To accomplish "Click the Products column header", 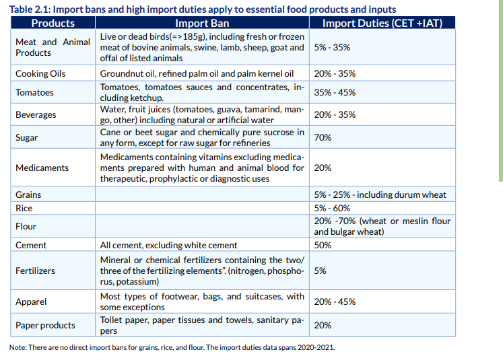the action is [53, 23].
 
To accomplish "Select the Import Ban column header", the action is [202, 23].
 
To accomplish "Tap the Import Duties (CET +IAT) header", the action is [382, 23].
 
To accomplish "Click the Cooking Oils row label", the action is [40, 73].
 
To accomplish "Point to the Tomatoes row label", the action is [34, 92].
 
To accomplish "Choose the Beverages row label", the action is [36, 114].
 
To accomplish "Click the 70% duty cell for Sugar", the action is [323, 137].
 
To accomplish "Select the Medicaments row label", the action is [42, 168].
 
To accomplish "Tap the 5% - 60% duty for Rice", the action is [332, 208].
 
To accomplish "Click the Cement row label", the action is [31, 245].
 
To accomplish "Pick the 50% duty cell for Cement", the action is [323, 245].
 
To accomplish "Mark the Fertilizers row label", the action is [35, 271].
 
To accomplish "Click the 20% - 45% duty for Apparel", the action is [335, 301].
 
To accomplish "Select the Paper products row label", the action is [45, 325].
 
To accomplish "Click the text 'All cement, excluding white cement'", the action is [168, 245].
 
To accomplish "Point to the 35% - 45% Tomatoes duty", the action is [335, 92].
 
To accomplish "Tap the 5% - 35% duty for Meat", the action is [332, 47].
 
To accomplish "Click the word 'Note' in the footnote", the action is [18, 347].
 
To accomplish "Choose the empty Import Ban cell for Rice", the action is [202, 208].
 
